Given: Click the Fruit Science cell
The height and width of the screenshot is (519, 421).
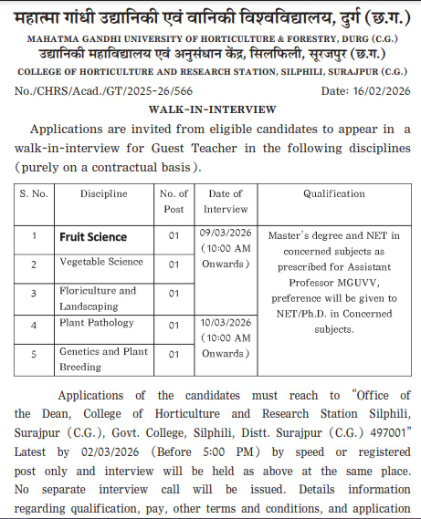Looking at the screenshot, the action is [93, 237].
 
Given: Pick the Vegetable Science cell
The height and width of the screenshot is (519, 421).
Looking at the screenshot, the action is [100, 263].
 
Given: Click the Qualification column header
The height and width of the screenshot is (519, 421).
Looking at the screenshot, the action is [333, 194].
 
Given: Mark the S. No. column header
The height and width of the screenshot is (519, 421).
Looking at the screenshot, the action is [33, 194].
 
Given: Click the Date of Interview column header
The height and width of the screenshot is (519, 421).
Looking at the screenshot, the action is [225, 201].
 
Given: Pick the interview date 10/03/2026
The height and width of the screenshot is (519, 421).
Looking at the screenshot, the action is [225, 323].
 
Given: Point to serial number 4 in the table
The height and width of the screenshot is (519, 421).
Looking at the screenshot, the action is [33, 325].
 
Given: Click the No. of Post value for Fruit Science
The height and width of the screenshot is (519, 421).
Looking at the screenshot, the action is [174, 237].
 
